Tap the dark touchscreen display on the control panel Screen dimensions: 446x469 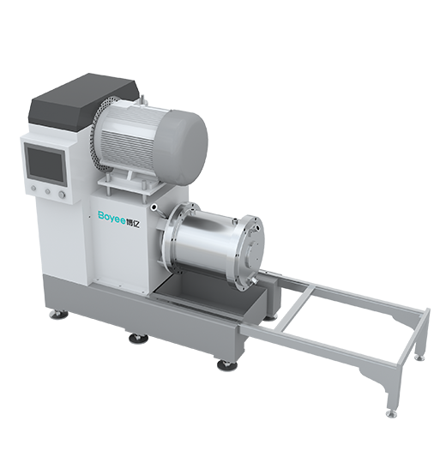(45, 165)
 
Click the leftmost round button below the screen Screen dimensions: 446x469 (33, 189)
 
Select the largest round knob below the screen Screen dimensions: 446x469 (62, 195)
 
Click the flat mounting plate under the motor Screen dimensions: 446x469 (132, 183)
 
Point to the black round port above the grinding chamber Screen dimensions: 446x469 (154, 207)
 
